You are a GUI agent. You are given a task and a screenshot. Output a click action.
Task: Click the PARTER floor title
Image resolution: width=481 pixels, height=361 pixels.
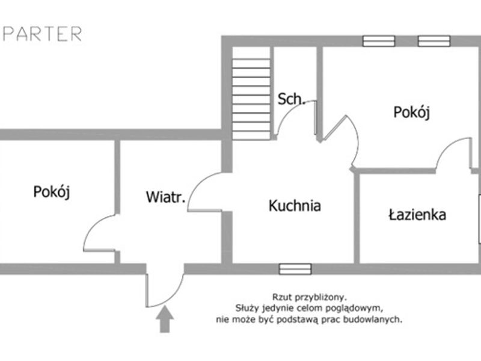[x=42, y=34]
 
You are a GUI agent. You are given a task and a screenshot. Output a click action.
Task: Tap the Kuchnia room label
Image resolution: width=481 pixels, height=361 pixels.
[x=295, y=206]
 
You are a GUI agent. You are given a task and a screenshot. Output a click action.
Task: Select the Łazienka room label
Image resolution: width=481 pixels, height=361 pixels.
[x=417, y=215]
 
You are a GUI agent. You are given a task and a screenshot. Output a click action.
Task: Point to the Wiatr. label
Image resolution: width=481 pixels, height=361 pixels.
[x=166, y=197]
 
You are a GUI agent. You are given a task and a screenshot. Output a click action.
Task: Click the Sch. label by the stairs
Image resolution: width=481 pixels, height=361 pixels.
[x=291, y=99]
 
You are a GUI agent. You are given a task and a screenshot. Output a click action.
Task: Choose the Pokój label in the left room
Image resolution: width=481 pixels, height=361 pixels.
[x=52, y=192]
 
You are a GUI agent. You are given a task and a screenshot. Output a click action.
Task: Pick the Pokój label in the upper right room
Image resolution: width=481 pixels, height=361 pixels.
[x=412, y=112]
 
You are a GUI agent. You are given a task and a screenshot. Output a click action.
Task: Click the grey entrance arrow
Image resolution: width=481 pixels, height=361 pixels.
[x=165, y=319]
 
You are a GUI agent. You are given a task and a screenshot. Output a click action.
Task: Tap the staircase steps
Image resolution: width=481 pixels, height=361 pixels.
[x=251, y=99]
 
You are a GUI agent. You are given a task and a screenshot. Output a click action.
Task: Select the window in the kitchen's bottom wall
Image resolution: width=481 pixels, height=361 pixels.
[x=295, y=269]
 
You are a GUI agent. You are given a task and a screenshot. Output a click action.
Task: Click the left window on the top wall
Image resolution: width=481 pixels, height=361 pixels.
[x=379, y=41]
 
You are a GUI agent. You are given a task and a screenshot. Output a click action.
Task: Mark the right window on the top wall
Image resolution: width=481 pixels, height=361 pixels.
[x=434, y=41]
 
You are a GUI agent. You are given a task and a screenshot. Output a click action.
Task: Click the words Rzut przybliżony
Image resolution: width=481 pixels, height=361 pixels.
[x=309, y=297]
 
